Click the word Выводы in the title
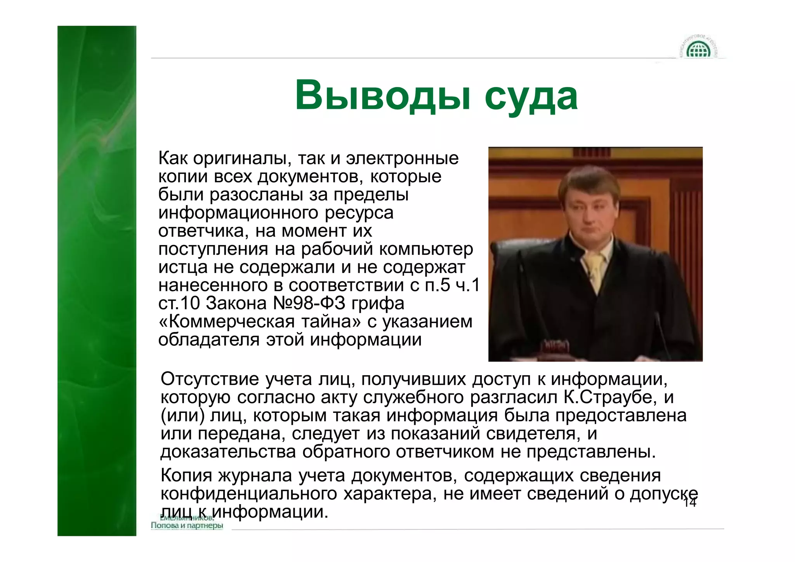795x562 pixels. [382, 96]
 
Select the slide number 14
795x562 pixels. [690, 503]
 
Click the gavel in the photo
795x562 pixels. [555, 347]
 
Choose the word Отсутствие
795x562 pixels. [210, 379]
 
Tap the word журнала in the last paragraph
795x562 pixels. [255, 475]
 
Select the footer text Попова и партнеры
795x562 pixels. [187, 525]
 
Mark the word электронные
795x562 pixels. [402, 158]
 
